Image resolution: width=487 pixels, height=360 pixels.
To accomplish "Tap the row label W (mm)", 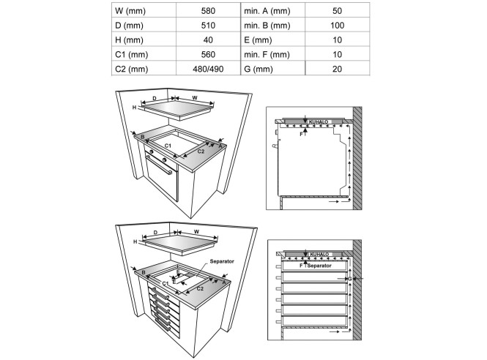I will pyautogui.click(x=132, y=12).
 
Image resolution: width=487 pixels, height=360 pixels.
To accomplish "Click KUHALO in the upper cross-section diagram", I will pyautogui.click(x=320, y=121).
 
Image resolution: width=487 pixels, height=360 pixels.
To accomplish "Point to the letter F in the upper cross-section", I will pyautogui.click(x=301, y=134).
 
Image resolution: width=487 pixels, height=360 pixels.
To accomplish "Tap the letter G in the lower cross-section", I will pyautogui.click(x=350, y=279).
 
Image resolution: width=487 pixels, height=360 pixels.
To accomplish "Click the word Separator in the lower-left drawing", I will pyautogui.click(x=221, y=261).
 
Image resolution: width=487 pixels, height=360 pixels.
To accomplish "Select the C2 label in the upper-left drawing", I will pyautogui.click(x=200, y=150).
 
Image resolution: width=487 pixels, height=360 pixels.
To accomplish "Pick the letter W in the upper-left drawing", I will pyautogui.click(x=195, y=97).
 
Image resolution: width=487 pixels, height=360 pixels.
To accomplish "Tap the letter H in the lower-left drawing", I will pyautogui.click(x=135, y=241).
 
